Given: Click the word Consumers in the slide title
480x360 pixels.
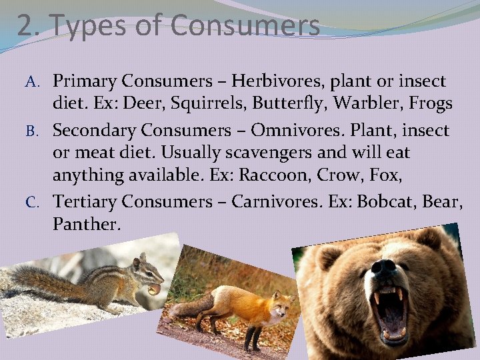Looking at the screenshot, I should click(245, 26).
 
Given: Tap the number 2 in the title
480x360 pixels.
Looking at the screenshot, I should click(25, 26).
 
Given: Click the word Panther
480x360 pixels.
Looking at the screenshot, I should click(87, 225).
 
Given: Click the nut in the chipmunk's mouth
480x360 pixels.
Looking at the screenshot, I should click(154, 289).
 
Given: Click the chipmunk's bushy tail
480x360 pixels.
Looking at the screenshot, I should click(37, 279).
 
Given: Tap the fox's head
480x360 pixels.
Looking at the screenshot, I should click(279, 303).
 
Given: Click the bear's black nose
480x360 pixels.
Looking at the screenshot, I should click(385, 269).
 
